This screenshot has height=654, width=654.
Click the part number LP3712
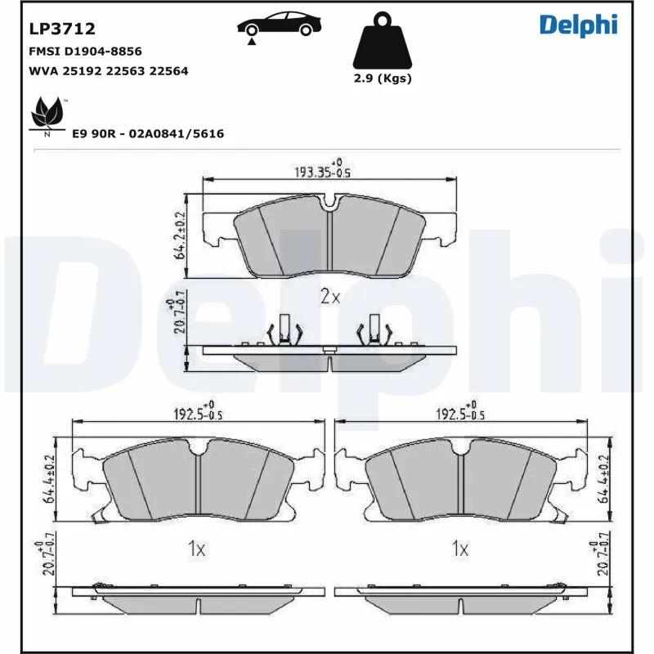coord(62,29)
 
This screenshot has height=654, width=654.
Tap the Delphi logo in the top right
coord(578,25)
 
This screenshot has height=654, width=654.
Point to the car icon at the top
coord(277,25)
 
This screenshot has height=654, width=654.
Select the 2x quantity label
coord(329,297)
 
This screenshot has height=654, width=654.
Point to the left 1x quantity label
coord(195,549)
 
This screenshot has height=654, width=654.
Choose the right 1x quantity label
coord(460,549)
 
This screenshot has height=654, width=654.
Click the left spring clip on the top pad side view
coord(283,330)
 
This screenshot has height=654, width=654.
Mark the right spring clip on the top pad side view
coord(374,330)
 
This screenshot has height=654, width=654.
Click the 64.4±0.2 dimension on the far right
coord(603,479)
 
